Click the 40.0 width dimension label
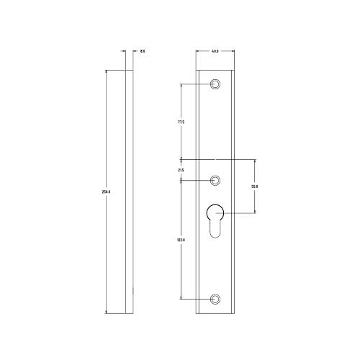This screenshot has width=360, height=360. [215, 51]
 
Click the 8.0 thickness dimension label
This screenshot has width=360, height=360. [143, 51]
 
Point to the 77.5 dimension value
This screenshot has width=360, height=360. [181, 122]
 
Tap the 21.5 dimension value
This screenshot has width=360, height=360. [181, 170]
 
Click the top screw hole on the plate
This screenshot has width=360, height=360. [215, 84]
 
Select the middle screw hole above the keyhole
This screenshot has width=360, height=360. [215, 180]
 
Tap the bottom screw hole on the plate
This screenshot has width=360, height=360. [215, 298]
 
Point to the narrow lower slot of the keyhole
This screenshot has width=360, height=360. [215, 230]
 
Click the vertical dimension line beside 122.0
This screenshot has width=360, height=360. [181, 274]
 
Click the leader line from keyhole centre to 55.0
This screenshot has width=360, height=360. [238, 212]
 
